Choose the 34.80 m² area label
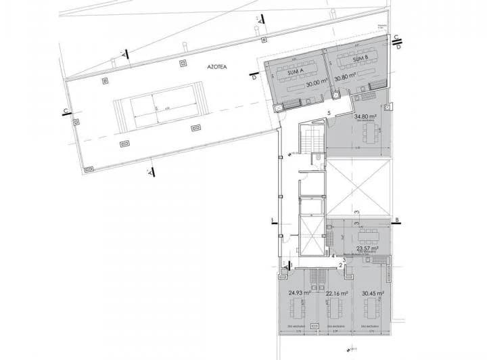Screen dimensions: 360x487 366,116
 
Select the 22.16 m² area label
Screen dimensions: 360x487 336,294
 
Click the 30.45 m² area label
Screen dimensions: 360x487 373,294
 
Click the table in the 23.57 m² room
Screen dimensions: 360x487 368,235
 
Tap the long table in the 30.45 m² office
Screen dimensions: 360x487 373,312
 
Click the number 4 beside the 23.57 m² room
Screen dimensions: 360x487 333,256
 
